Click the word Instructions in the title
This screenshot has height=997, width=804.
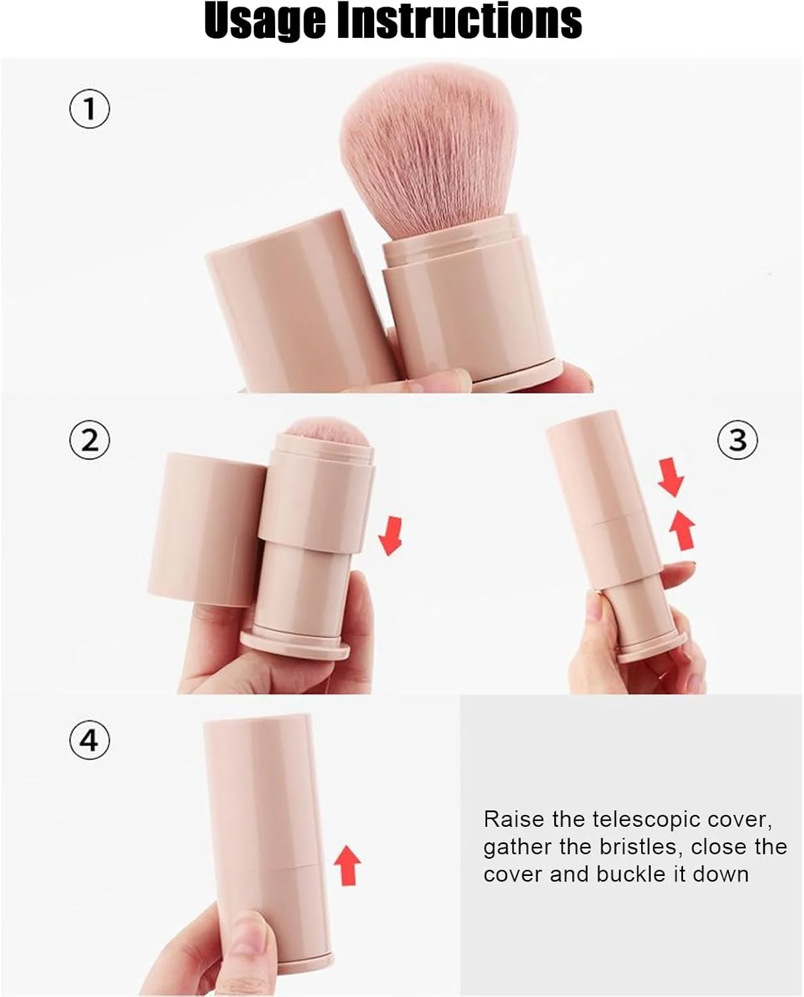point(460,21)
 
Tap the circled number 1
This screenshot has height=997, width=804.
point(90,109)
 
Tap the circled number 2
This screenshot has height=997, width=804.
point(90,439)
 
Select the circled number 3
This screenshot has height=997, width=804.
point(738,439)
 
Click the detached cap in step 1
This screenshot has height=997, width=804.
point(301,301)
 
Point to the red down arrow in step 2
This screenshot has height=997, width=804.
point(390,536)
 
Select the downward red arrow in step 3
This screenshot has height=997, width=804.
point(672,477)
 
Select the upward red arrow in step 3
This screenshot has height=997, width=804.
point(682,531)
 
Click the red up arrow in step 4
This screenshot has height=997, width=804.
point(348,865)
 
